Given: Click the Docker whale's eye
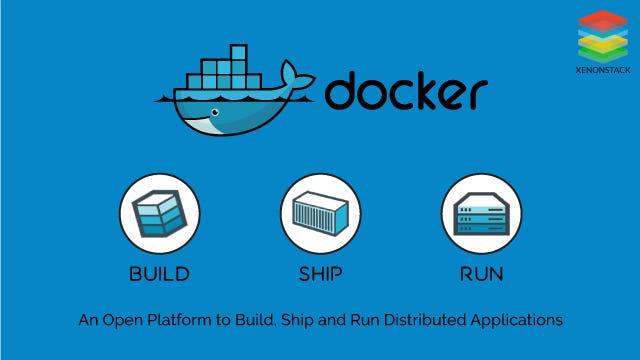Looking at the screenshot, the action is tap(215, 112).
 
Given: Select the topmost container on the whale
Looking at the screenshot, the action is tap(239, 52).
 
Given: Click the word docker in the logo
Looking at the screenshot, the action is tap(406, 90).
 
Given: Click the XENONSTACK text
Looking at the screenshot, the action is tap(603, 70).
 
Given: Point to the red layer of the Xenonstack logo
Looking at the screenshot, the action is tap(603, 20).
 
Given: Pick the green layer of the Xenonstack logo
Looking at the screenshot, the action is tap(603, 54).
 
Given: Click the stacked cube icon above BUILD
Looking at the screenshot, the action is tap(159, 213).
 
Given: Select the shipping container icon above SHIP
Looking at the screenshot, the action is tap(320, 213).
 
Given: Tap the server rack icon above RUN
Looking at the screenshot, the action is tap(482, 213).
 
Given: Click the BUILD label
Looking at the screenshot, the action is tap(159, 274).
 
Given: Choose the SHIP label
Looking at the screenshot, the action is tap(320, 274).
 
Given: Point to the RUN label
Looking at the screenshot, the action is tap(482, 274).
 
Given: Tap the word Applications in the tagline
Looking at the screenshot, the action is tap(516, 320).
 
